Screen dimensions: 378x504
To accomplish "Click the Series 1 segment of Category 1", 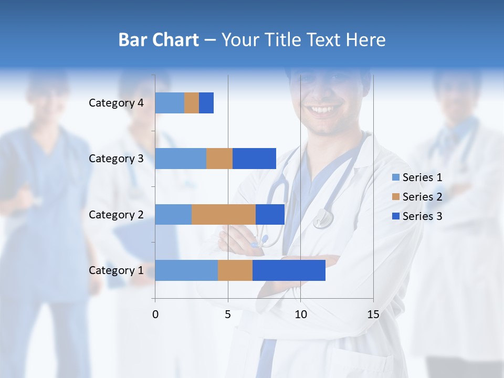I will (186, 270).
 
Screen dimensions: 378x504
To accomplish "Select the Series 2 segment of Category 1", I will (235, 270).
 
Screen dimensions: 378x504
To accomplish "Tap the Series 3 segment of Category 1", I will (289, 270).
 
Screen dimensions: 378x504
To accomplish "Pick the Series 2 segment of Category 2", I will (224, 214).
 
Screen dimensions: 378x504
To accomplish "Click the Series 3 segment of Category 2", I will (270, 214).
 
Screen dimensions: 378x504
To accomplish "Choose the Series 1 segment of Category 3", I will (181, 159).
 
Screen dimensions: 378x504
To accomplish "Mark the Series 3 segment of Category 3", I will (254, 159).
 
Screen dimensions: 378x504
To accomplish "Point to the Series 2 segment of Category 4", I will (192, 103).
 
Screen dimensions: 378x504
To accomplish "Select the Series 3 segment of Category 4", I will (206, 103).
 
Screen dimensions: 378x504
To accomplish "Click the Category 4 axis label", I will (116, 103).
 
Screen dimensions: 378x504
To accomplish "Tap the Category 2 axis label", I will (116, 214).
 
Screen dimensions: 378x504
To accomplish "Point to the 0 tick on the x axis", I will (155, 314).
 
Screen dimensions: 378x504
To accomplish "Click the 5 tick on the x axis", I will (228, 314).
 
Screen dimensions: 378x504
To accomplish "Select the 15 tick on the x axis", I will (373, 314).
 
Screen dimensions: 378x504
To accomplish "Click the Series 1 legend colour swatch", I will (395, 177).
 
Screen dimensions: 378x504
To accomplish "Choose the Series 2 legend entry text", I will (422, 197).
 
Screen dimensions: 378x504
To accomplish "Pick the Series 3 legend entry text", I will (422, 216).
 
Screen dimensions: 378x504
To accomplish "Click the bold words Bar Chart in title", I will (159, 40).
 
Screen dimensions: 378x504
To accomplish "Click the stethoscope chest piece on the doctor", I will (323, 218).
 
